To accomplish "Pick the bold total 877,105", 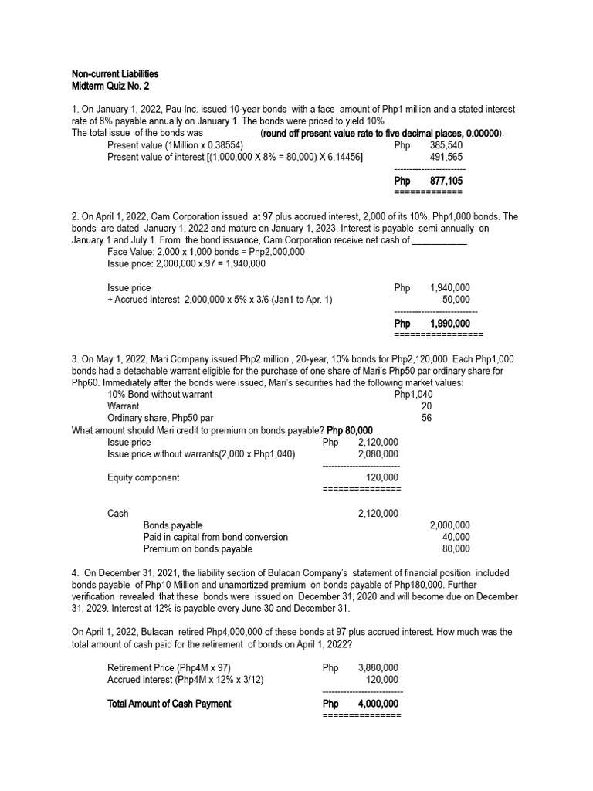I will coord(446,181).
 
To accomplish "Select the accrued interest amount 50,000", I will coord(456,299).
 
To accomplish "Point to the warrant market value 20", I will coord(426,406).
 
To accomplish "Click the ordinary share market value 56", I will coord(426,418).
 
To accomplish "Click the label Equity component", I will coord(143,478).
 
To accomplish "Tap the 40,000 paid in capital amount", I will coord(456,537).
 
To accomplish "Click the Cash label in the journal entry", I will coord(117,514).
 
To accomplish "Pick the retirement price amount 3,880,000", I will coord(378,667).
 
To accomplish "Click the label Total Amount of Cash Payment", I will coord(169,704).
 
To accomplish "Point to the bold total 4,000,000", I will coord(378,704).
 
